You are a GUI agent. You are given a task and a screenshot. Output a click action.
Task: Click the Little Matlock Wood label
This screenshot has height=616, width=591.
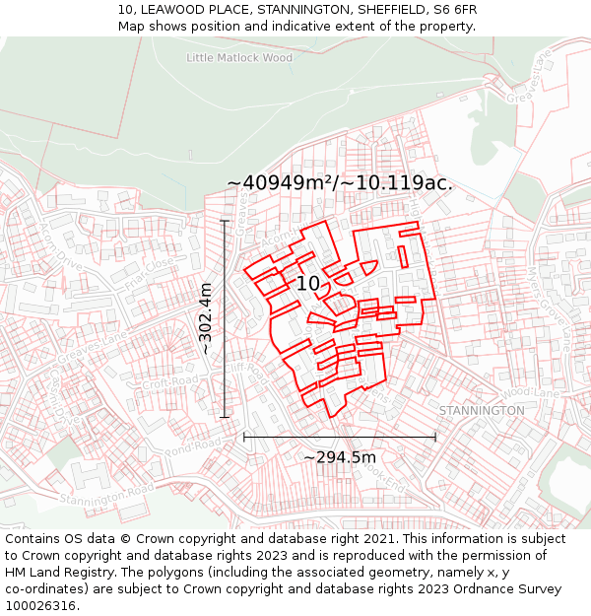coord(239,58)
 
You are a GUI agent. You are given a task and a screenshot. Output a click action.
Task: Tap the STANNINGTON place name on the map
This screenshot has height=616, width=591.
coord(482,410)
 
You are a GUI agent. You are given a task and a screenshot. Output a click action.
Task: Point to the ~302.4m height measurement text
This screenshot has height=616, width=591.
coord(205,318)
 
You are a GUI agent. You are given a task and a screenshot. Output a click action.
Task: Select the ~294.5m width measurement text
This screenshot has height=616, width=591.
coord(339,457)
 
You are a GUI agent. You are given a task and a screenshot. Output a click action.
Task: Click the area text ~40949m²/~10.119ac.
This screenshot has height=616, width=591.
coord(339,183)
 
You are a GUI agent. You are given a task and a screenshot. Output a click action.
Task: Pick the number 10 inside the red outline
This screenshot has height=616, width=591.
coord(308,284)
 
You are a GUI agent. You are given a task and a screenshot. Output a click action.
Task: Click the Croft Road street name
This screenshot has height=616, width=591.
coord(170,381)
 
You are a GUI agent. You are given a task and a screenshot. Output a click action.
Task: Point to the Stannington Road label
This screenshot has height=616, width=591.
coord(106,494)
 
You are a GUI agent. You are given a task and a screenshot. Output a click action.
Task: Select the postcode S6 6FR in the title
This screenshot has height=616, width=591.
coord(454,9)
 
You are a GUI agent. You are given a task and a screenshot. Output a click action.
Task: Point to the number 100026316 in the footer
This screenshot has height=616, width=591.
coord(39,605)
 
